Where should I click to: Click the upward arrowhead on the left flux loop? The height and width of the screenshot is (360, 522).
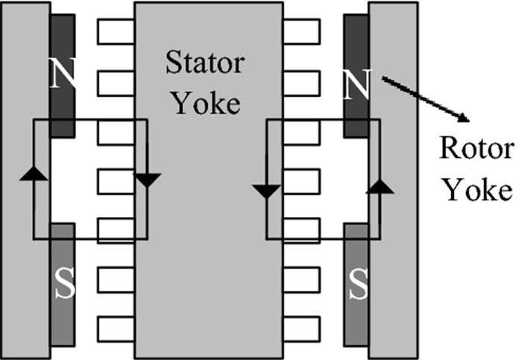[x=32, y=174]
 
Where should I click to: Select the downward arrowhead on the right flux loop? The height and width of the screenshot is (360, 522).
[x=266, y=191]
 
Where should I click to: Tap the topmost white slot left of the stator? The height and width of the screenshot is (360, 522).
[x=116, y=31]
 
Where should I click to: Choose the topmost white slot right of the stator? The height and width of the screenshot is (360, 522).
[x=301, y=31]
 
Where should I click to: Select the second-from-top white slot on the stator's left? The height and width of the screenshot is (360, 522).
[x=116, y=83]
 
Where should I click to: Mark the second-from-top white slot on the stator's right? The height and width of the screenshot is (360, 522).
[x=301, y=83]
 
